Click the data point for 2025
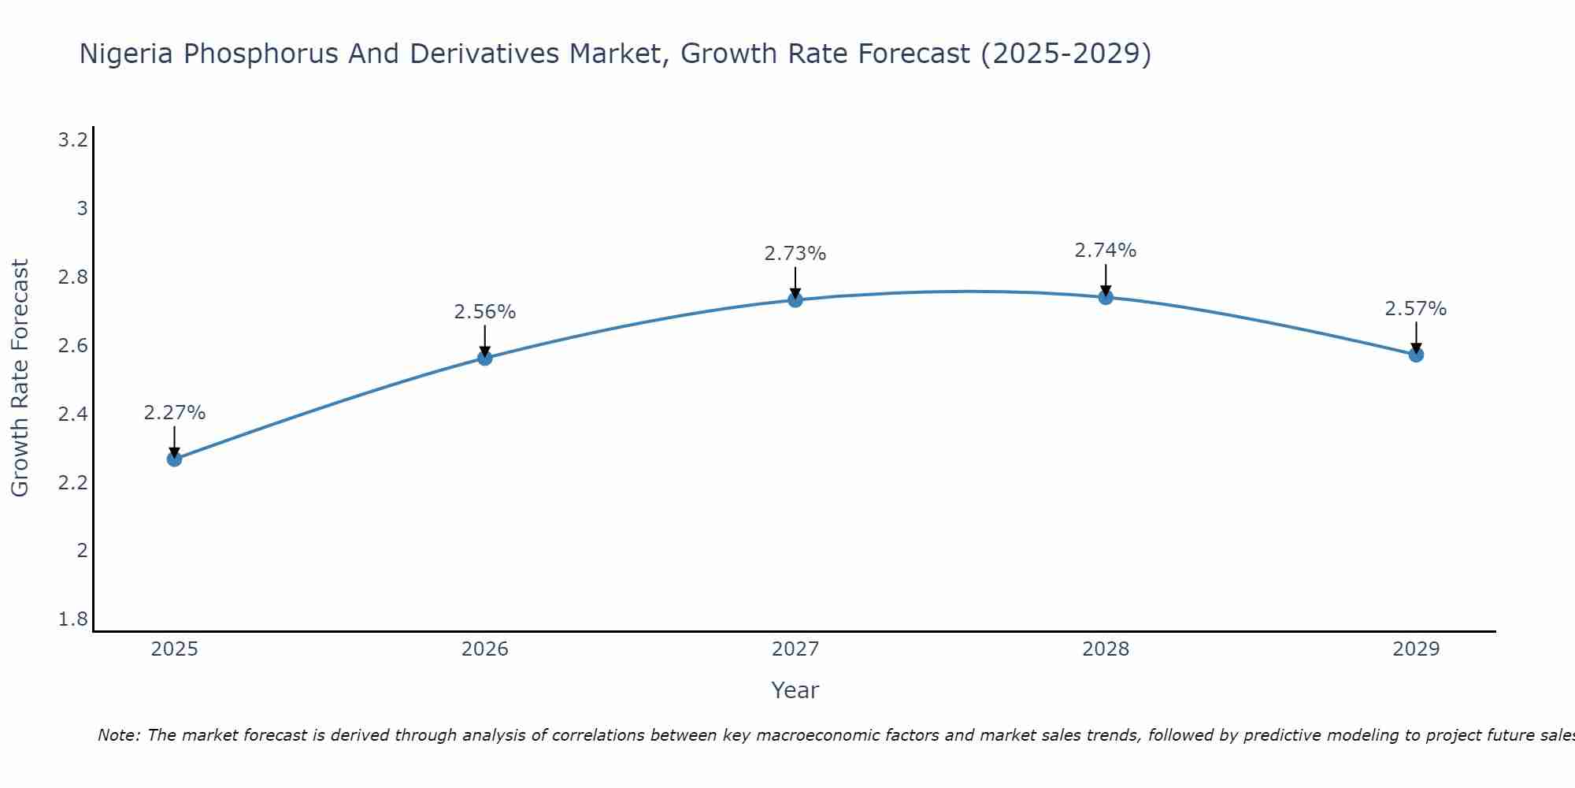[x=174, y=459]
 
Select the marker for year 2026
[x=485, y=358]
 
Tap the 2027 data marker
[x=795, y=299]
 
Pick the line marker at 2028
[x=1106, y=297]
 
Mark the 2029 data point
[x=1416, y=355]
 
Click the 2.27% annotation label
[x=174, y=413]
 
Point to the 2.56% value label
[x=485, y=312]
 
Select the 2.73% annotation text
[x=795, y=254]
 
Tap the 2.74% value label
[x=1106, y=251]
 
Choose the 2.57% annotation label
[x=1416, y=309]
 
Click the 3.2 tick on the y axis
[x=73, y=140]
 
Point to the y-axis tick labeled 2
[x=82, y=550]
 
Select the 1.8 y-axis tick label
[x=73, y=619]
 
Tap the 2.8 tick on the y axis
[x=73, y=277]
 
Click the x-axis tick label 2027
[x=795, y=649]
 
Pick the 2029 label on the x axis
[x=1416, y=649]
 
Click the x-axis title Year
[x=795, y=690]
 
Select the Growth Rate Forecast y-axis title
[x=20, y=378]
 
